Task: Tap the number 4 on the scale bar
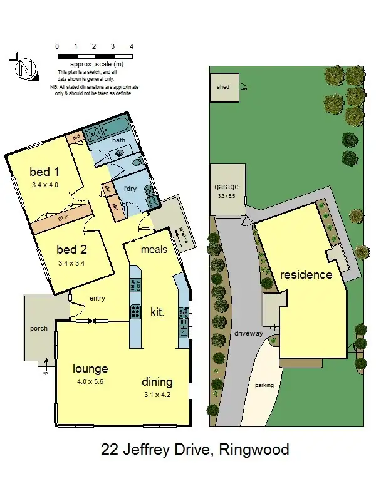tap(131, 46)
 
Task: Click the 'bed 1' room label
tap(44, 173)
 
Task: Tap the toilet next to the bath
tap(137, 163)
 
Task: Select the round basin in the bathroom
tap(119, 152)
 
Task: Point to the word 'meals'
tap(154, 249)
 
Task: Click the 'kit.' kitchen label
tap(158, 311)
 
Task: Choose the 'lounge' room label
tap(90, 368)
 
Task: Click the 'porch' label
tap(39, 328)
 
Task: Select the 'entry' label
tap(98, 298)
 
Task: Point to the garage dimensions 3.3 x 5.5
tap(227, 196)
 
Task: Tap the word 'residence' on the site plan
tap(306, 275)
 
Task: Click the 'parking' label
tap(264, 385)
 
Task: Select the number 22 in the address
tap(110, 450)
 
